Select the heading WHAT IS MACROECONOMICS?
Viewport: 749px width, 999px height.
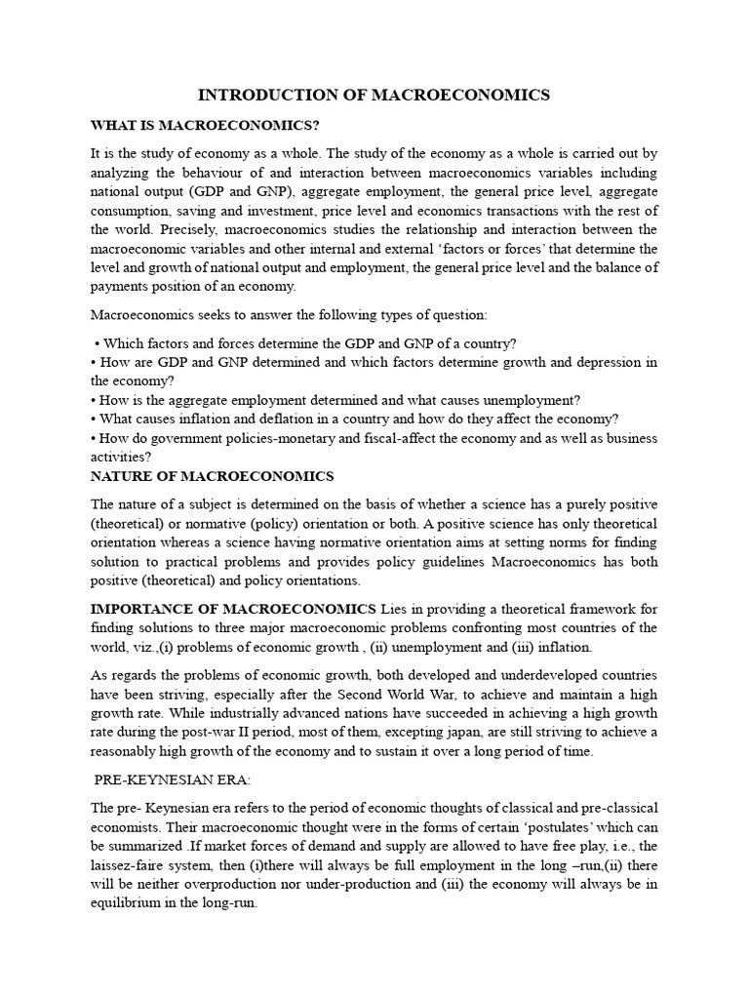point(205,126)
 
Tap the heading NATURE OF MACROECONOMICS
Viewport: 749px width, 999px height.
point(212,476)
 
